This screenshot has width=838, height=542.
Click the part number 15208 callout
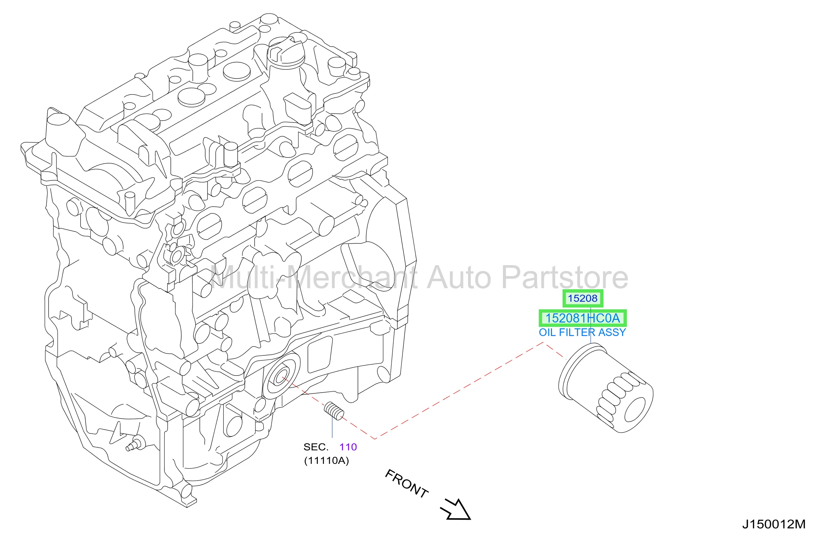[582, 298]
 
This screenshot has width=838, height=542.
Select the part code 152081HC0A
[583, 318]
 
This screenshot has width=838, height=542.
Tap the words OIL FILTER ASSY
[582, 332]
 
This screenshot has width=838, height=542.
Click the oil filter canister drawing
[606, 388]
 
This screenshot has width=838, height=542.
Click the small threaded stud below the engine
[334, 411]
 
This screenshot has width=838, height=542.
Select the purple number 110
[348, 447]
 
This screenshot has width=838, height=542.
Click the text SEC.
[316, 447]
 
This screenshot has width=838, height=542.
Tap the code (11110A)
[326, 461]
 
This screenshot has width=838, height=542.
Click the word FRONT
[407, 484]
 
